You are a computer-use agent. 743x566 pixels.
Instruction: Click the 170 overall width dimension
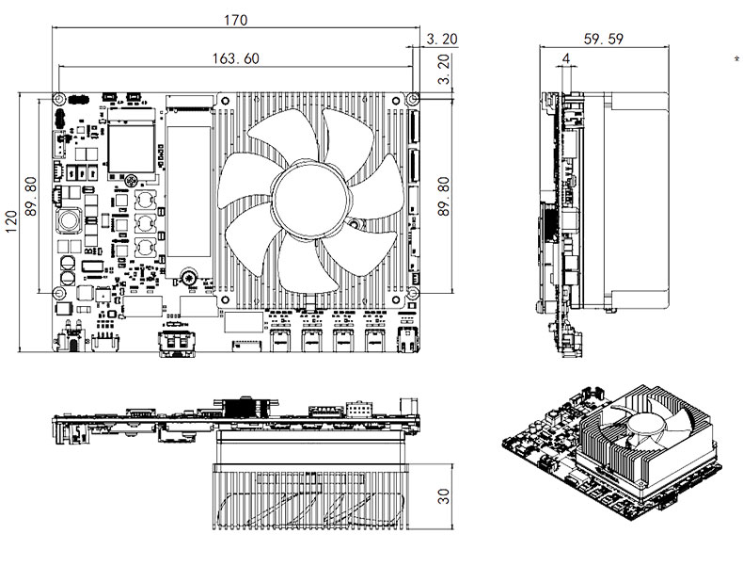point(234,17)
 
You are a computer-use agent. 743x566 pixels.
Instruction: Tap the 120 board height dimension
point(11,222)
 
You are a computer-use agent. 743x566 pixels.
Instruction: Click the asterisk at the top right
point(735,58)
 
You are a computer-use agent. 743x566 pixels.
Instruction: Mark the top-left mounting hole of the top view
point(58,99)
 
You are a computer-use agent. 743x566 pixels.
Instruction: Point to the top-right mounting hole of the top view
point(412,99)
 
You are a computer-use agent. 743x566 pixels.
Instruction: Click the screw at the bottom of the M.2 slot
point(188,278)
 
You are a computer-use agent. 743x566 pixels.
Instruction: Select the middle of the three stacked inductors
point(145,224)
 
